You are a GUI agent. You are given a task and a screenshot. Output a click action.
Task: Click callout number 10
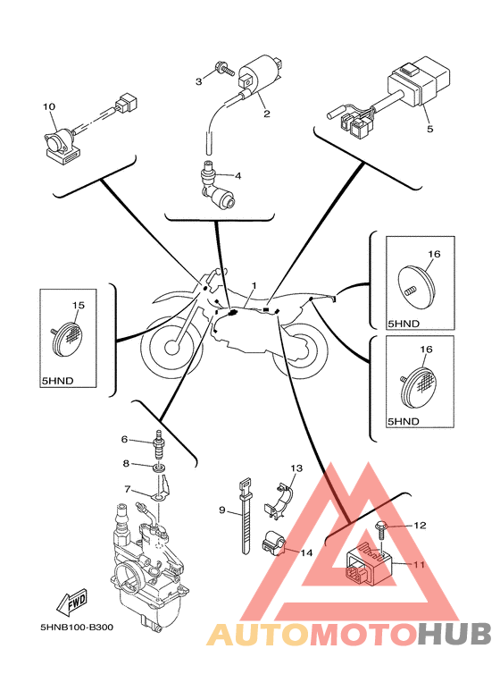[x=49, y=106]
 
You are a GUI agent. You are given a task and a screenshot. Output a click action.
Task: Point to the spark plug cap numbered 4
[x=215, y=185]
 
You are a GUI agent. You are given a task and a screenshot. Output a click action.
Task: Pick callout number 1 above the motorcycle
[x=254, y=285]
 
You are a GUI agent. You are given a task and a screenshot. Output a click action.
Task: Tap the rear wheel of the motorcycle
[x=300, y=351]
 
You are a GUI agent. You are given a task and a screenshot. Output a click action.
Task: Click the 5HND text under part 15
[x=57, y=381]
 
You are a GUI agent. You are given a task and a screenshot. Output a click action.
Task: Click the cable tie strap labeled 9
[x=247, y=515]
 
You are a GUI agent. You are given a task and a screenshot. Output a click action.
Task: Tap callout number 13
[x=296, y=468]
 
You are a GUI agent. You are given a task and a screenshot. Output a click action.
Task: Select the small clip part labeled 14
[x=274, y=542]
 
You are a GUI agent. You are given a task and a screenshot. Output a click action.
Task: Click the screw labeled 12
[x=380, y=532]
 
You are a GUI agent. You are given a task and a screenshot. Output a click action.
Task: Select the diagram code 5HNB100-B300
[x=77, y=627]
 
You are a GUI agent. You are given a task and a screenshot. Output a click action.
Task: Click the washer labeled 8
[x=160, y=466]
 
